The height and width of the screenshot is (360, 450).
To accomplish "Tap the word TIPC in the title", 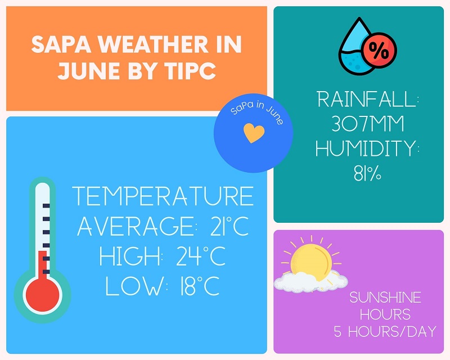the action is pyautogui.click(x=190, y=71).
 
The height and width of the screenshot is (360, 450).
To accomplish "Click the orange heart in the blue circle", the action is pyautogui.click(x=254, y=133).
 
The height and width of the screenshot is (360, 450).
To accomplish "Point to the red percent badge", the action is pyautogui.click(x=379, y=50).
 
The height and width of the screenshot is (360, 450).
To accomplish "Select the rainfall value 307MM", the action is pyautogui.click(x=368, y=124).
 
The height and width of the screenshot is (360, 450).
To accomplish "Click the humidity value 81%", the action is pyautogui.click(x=367, y=173).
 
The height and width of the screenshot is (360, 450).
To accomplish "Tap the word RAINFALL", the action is pyautogui.click(x=367, y=99).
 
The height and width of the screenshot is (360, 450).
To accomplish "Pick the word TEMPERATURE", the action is pyautogui.click(x=163, y=196).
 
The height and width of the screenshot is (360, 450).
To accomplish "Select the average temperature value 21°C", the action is pyautogui.click(x=229, y=226).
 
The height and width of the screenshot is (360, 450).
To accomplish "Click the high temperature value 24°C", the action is pyautogui.click(x=201, y=256).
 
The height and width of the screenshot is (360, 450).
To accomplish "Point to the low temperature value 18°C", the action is pyautogui.click(x=200, y=286).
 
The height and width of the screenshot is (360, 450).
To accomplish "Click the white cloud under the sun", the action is pyautogui.click(x=310, y=282).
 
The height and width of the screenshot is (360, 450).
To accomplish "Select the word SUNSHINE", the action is pyautogui.click(x=385, y=298).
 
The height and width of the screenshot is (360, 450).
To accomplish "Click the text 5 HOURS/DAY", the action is pyautogui.click(x=385, y=331).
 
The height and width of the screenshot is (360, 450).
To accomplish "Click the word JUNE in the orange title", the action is pyautogui.click(x=89, y=71).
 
